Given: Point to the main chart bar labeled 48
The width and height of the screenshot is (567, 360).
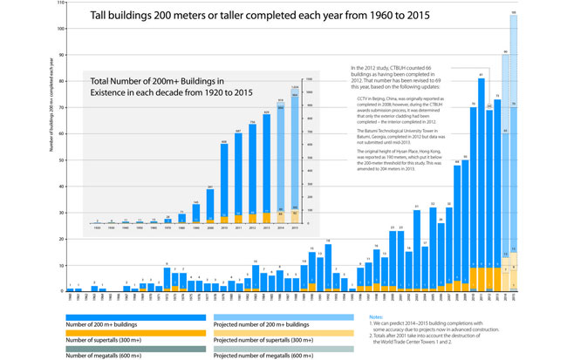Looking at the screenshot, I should pos(457,227).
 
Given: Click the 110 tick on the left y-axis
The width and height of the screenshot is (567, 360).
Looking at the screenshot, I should pos(61,3).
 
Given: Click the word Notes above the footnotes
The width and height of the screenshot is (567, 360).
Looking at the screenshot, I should pos(377,316).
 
